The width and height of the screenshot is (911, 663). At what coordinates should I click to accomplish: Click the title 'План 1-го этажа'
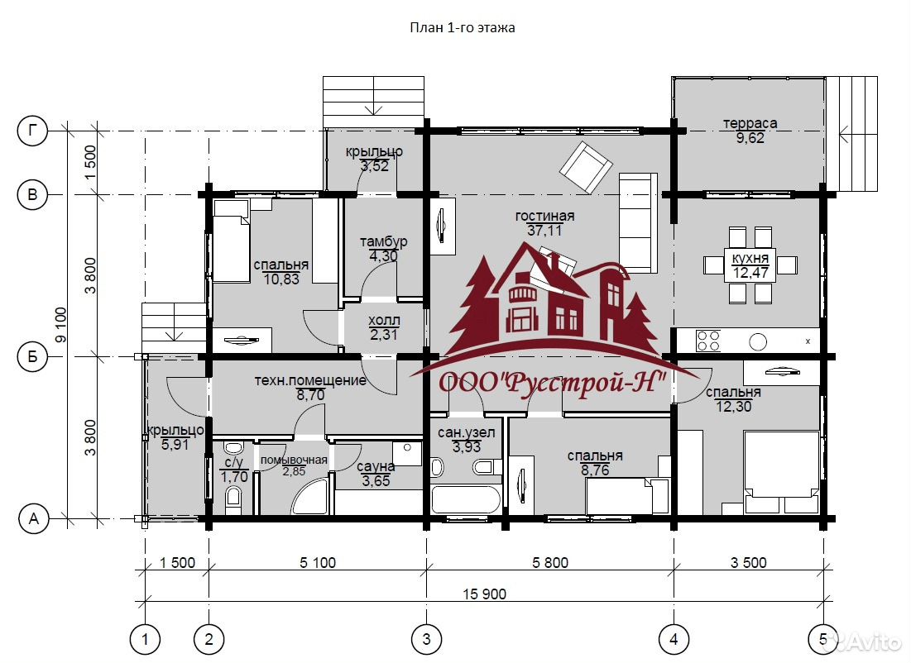tap(463, 28)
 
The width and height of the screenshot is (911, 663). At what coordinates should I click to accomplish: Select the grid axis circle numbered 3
tap(427, 639)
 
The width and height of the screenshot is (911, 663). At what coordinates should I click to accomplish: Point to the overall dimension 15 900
tap(485, 594)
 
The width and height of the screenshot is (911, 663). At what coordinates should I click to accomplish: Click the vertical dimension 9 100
tap(61, 325)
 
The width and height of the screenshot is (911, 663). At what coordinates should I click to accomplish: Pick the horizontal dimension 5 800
tap(550, 562)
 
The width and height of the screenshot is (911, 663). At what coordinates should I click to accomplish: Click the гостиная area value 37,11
tap(544, 231)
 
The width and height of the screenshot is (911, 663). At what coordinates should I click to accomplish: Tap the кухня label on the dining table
tap(750, 259)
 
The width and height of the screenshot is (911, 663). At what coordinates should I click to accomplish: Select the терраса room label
tap(750, 124)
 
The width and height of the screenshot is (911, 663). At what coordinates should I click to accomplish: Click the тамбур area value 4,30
tap(383, 255)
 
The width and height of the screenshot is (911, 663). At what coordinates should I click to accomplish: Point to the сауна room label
tap(376, 467)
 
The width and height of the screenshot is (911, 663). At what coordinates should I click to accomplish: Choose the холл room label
tap(384, 321)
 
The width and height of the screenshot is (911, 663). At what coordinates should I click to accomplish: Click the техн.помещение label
tap(310, 381)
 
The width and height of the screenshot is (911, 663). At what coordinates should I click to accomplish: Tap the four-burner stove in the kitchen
tap(708, 341)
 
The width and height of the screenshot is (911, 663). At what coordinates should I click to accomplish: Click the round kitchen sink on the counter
tap(758, 341)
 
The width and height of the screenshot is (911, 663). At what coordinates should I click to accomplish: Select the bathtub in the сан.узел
tap(465, 499)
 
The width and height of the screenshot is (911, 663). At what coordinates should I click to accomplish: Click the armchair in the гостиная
tap(586, 167)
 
